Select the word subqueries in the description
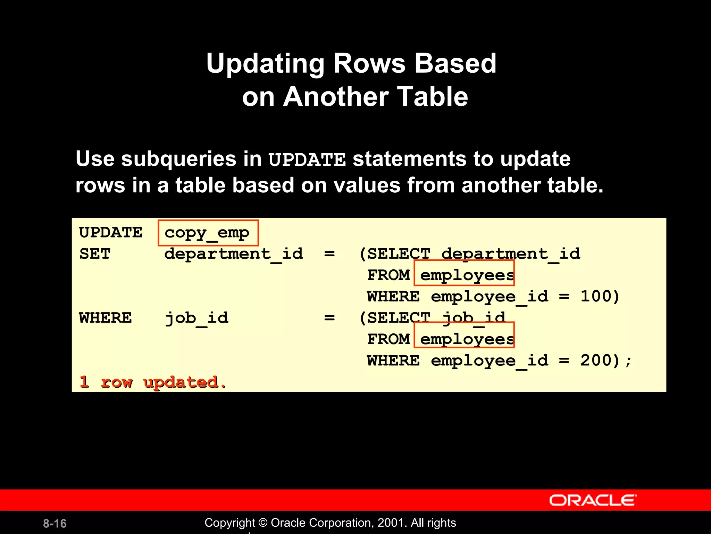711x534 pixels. click(x=179, y=159)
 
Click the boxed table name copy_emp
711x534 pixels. click(x=207, y=233)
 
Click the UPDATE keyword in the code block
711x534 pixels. click(x=110, y=233)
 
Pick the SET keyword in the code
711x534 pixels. click(x=94, y=254)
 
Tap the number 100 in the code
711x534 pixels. click(x=595, y=296)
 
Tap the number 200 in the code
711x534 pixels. click(x=595, y=360)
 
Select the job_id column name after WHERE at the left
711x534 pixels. click(x=196, y=318)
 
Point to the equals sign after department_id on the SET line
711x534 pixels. click(x=329, y=254)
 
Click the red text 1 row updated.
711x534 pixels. click(x=153, y=382)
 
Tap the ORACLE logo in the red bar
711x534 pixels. click(x=593, y=500)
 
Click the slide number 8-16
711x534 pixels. click(x=55, y=523)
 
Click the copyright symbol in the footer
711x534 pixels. click(x=263, y=523)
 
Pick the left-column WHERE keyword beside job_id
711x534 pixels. click(x=105, y=318)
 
